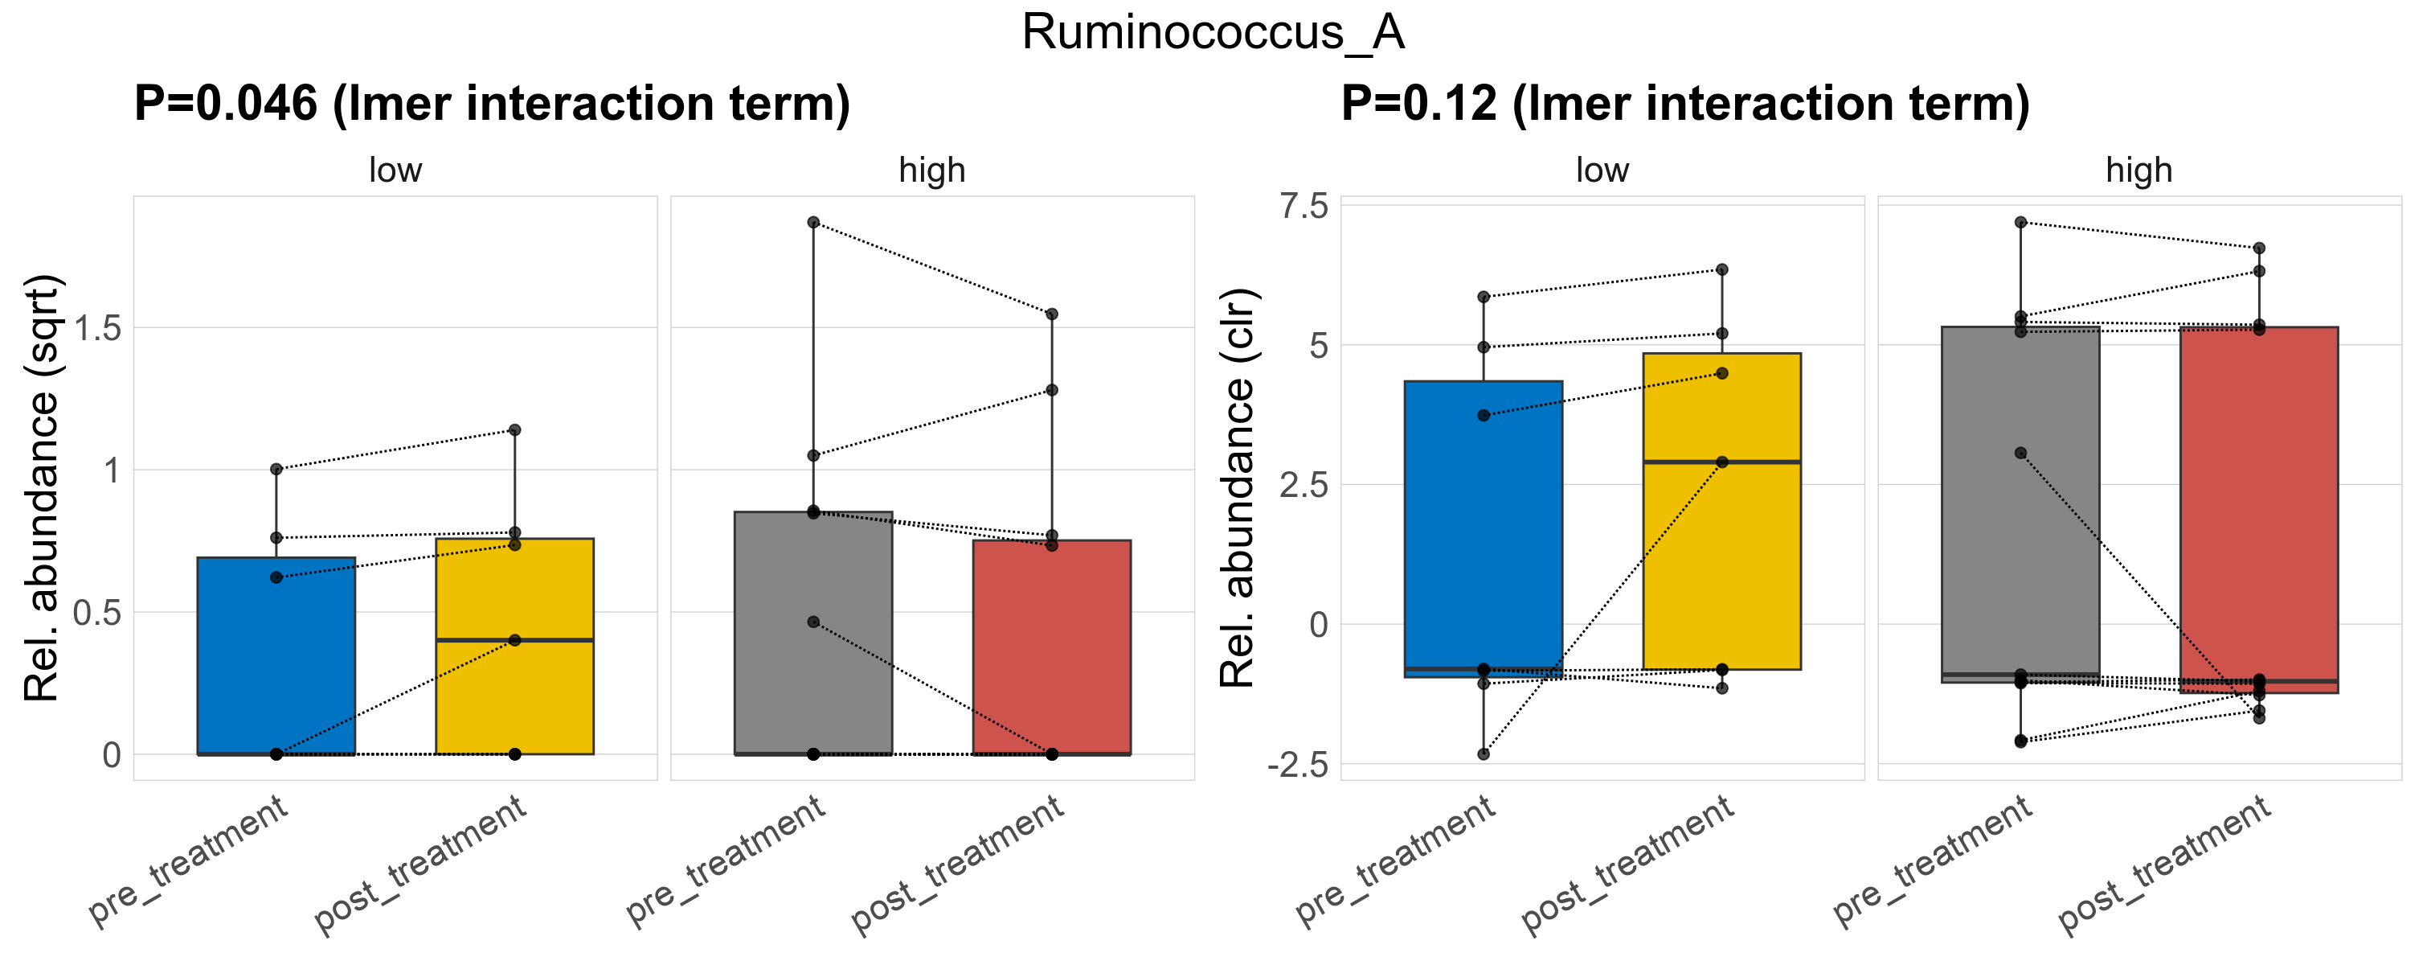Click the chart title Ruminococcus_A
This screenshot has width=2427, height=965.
(1213, 33)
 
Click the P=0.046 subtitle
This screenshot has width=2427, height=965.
(492, 104)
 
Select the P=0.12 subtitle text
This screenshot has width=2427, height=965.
(1684, 104)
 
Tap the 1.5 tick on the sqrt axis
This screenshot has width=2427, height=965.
(98, 329)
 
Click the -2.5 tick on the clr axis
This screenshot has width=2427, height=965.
(1297, 764)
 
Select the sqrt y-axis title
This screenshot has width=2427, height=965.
(42, 488)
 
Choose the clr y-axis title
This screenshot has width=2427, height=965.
(1238, 488)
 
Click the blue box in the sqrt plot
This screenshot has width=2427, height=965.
(276, 659)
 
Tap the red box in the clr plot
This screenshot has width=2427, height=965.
(2258, 509)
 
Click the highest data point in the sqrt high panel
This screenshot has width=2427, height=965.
(813, 223)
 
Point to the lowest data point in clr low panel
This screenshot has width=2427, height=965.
(1483, 754)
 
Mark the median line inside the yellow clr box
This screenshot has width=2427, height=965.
(1721, 462)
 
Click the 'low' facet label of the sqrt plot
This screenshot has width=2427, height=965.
(395, 170)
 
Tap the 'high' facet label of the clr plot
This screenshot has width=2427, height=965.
(2138, 170)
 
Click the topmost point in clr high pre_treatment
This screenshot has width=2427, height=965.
(2020, 223)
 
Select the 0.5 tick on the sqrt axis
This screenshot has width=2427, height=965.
(98, 614)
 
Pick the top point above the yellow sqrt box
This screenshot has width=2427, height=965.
(514, 429)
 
